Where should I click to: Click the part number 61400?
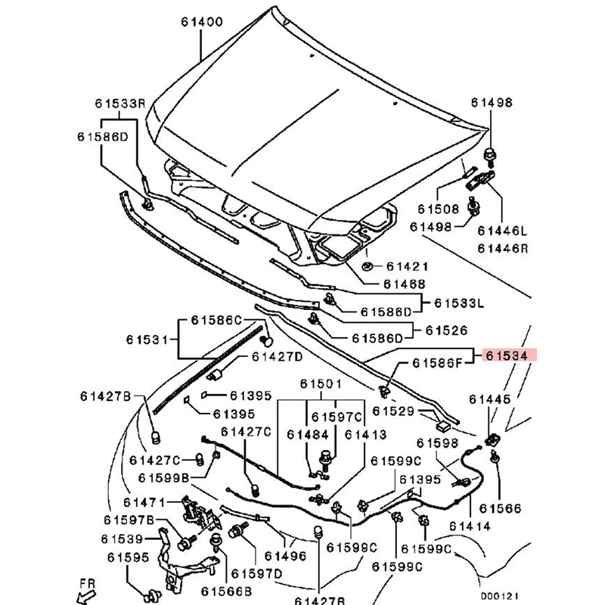[201, 23]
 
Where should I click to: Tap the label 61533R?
[120, 103]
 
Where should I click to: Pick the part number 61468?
[404, 284]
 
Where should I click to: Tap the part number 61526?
[446, 330]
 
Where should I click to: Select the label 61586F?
[436, 364]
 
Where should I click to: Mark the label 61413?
[366, 435]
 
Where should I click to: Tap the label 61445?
[489, 399]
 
